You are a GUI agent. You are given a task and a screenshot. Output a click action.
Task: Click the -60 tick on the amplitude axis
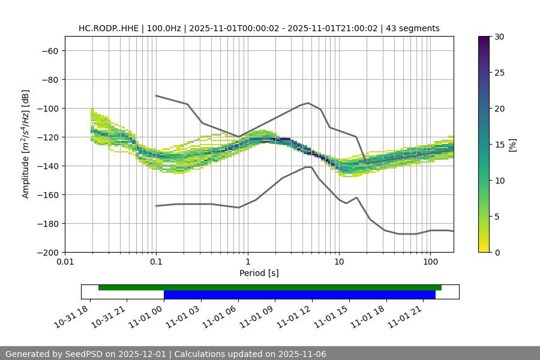(49, 51)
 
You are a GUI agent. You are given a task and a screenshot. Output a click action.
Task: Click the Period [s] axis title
(259, 273)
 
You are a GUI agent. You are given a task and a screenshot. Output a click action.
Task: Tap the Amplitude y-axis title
(26, 144)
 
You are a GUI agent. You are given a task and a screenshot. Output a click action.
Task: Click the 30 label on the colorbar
(499, 37)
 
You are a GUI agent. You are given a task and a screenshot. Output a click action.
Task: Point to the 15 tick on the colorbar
(499, 145)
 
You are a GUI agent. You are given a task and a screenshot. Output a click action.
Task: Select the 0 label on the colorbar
(497, 253)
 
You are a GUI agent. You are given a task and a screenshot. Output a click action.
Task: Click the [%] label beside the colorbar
(512, 145)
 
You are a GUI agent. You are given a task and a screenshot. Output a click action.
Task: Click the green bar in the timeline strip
(270, 287)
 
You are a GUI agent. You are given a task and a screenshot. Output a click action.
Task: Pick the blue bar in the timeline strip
(299, 295)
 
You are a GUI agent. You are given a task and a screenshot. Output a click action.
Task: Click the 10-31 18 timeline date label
(72, 315)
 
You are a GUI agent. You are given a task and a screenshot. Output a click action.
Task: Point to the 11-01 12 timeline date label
(294, 315)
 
